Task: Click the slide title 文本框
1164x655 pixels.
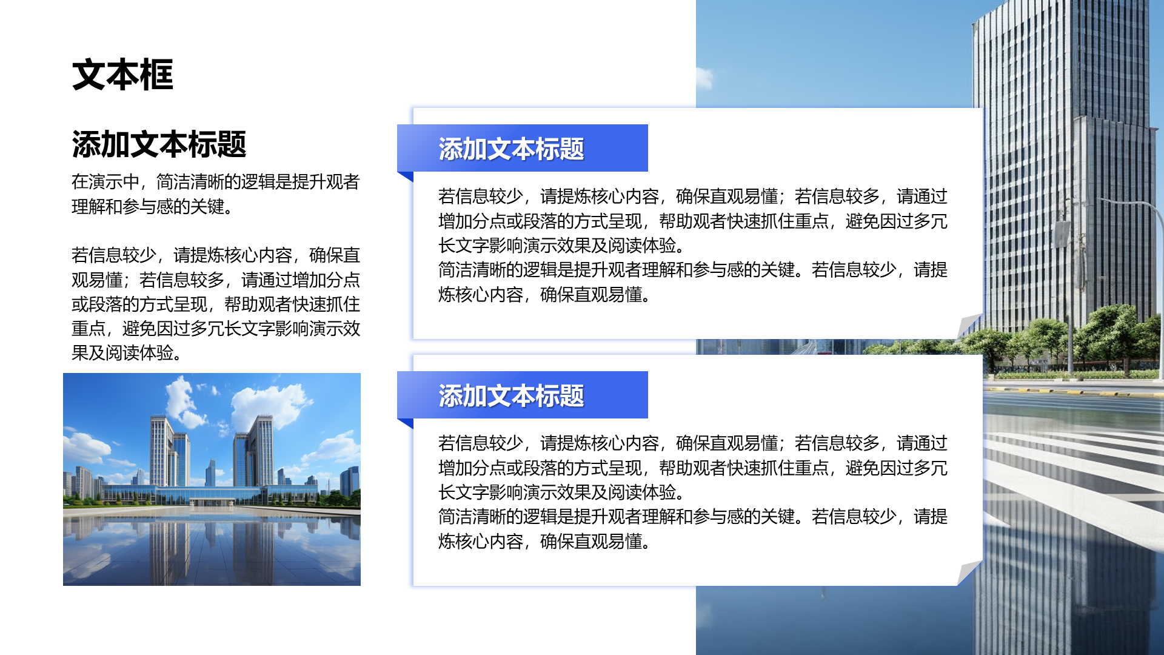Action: pos(122,75)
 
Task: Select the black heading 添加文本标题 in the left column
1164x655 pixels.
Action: pos(159,144)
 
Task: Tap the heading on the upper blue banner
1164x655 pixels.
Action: pos(510,149)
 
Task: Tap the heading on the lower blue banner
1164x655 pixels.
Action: pos(510,396)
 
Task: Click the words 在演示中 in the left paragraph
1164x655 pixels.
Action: pos(105,182)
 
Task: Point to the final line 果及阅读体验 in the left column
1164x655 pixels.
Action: pos(126,353)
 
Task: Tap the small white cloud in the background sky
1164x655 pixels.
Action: pos(704,78)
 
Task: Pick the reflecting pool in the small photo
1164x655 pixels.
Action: pos(212,546)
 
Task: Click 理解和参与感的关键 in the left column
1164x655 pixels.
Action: pos(152,207)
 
